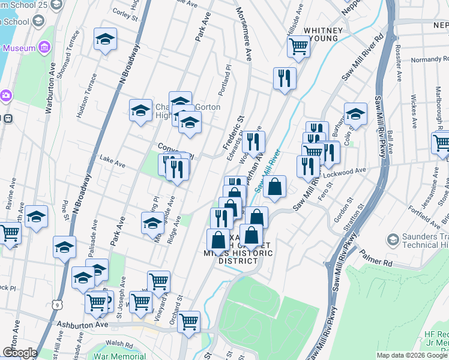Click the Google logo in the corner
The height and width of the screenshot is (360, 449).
click(x=19, y=353)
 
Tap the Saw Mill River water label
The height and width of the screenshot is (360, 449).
click(x=268, y=170)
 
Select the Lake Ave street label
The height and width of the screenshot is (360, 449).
click(x=112, y=163)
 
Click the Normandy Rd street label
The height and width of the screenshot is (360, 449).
click(x=428, y=59)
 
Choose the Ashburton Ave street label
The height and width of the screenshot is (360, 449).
click(x=82, y=324)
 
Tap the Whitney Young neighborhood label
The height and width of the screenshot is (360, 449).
click(x=324, y=34)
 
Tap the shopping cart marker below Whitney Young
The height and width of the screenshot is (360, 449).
click(x=298, y=45)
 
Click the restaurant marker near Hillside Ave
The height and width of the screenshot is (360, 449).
click(x=285, y=77)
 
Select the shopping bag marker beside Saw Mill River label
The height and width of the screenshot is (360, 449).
click(x=274, y=186)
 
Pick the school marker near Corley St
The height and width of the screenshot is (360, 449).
click(x=106, y=40)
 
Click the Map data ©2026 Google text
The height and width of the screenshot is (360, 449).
click(x=412, y=355)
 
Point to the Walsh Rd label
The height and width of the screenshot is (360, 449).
click(x=121, y=345)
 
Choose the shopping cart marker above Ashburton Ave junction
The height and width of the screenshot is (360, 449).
click(x=189, y=322)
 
